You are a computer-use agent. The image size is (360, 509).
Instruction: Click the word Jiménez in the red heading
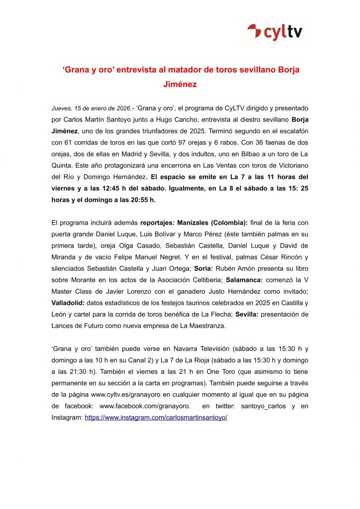tap(180, 85)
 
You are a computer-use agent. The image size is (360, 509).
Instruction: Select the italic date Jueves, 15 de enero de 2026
tap(91, 108)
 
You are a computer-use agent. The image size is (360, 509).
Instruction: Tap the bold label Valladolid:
tap(69, 303)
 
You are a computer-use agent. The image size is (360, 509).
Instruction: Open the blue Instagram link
tap(156, 418)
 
